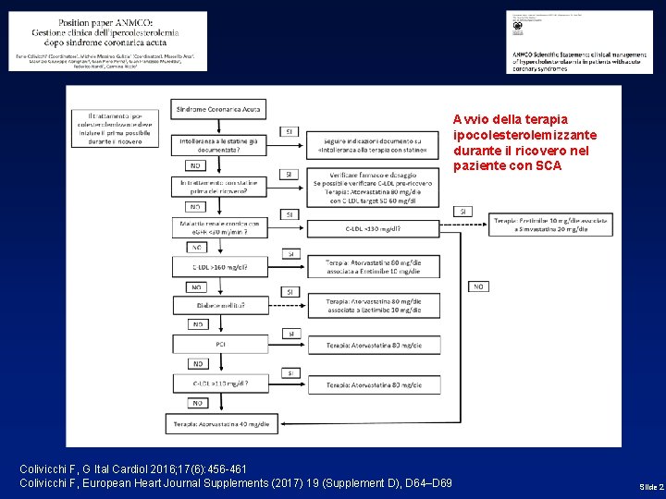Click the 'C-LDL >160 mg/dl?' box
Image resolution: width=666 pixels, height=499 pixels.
(x=219, y=267)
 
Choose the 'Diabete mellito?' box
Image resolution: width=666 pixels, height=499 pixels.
(x=219, y=305)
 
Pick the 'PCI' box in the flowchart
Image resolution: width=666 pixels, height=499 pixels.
(x=219, y=344)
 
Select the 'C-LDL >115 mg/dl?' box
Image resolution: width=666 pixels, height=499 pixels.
(x=219, y=383)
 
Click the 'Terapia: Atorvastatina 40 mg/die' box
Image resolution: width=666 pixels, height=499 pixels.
(x=219, y=423)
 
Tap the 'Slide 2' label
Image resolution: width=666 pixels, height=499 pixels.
(x=650, y=486)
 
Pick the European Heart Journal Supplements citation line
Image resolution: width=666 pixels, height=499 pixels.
(x=236, y=483)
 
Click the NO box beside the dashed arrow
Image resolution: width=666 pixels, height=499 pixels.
(x=478, y=286)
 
